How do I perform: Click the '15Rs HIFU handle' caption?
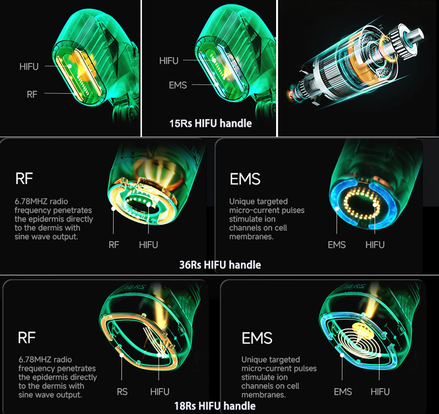pos(210,123)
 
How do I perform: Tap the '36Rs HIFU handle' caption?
pos(220,265)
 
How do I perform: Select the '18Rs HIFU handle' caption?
pos(215,406)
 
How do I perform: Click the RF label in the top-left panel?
pos(32,94)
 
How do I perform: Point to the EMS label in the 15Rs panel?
pos(178,85)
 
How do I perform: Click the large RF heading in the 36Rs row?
pos(24,178)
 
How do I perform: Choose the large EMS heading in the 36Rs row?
pos(245,179)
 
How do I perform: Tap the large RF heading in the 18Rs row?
pos(26,338)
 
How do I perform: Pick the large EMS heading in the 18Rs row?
pos(257,338)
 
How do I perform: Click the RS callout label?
pos(122,391)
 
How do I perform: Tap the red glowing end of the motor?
pos(290,94)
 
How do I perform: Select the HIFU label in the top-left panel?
pos(29,66)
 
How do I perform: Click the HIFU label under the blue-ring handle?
pos(375,245)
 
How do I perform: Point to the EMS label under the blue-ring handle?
pos(336,245)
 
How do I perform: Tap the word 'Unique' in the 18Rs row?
pos(254,360)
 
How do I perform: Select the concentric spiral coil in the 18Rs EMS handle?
pos(358,342)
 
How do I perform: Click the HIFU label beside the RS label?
pos(160,391)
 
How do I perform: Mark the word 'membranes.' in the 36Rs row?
pos(251,237)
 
